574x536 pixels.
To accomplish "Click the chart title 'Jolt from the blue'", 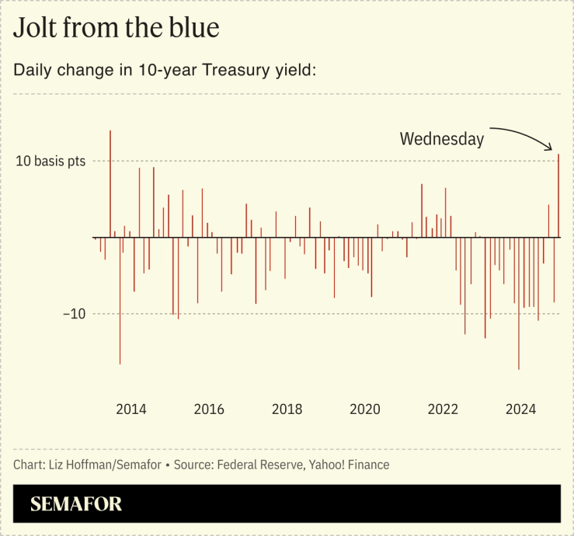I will (117, 28).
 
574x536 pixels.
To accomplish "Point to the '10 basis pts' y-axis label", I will (50, 162).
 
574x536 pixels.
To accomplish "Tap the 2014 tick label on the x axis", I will (130, 409).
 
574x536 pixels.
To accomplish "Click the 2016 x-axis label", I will (209, 409).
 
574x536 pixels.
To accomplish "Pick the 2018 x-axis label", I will (287, 409).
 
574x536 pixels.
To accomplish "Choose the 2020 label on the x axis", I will (365, 409).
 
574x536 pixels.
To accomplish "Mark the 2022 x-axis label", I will (444, 409).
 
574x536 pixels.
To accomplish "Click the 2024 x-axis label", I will (521, 409).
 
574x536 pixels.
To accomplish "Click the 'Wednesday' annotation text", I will (441, 139).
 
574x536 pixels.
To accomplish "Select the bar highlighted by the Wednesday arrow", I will (558, 194).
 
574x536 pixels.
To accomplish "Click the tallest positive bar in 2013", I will (110, 183).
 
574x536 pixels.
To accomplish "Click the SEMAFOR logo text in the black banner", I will (76, 504).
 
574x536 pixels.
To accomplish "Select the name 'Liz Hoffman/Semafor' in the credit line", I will (103, 465).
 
